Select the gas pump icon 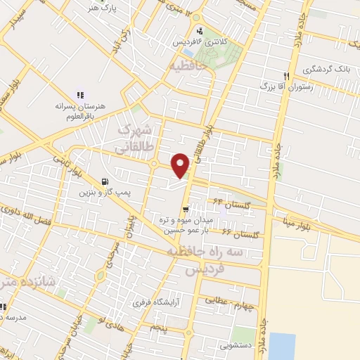coord(105,181)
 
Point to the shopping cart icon coord(186,208)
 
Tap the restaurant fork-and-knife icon coord(286,76)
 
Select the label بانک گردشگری coord(326,70)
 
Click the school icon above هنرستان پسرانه coord(79,95)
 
